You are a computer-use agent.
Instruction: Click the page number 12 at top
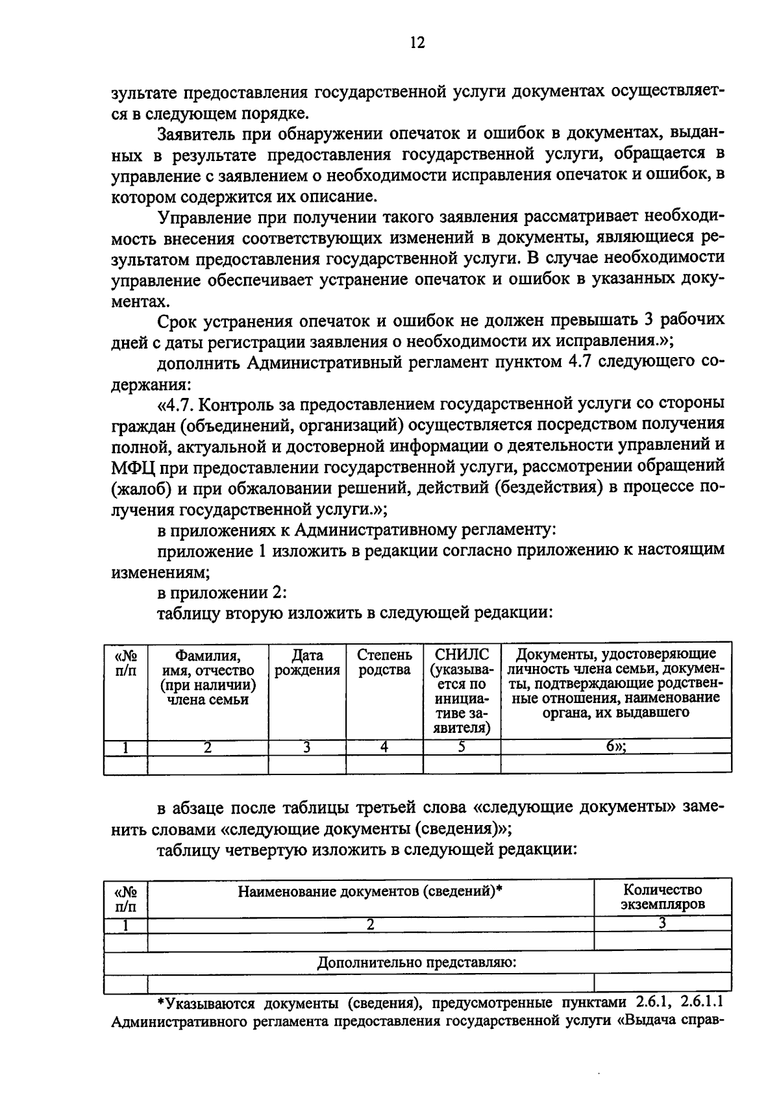[x=417, y=43]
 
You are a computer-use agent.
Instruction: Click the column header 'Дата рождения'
[x=307, y=662]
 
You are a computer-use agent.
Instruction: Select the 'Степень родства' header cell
[x=384, y=662]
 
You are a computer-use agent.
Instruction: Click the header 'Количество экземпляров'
[x=662, y=896]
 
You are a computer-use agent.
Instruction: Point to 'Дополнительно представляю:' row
[x=417, y=962]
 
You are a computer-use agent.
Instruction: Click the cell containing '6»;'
[x=616, y=747]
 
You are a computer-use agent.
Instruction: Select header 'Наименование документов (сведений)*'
[x=371, y=891]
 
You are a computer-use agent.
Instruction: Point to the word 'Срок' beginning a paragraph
[x=178, y=321]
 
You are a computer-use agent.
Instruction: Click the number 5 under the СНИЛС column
[x=462, y=747]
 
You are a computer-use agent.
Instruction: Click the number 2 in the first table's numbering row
[x=208, y=747]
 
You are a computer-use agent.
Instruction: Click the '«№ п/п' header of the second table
[x=126, y=896]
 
